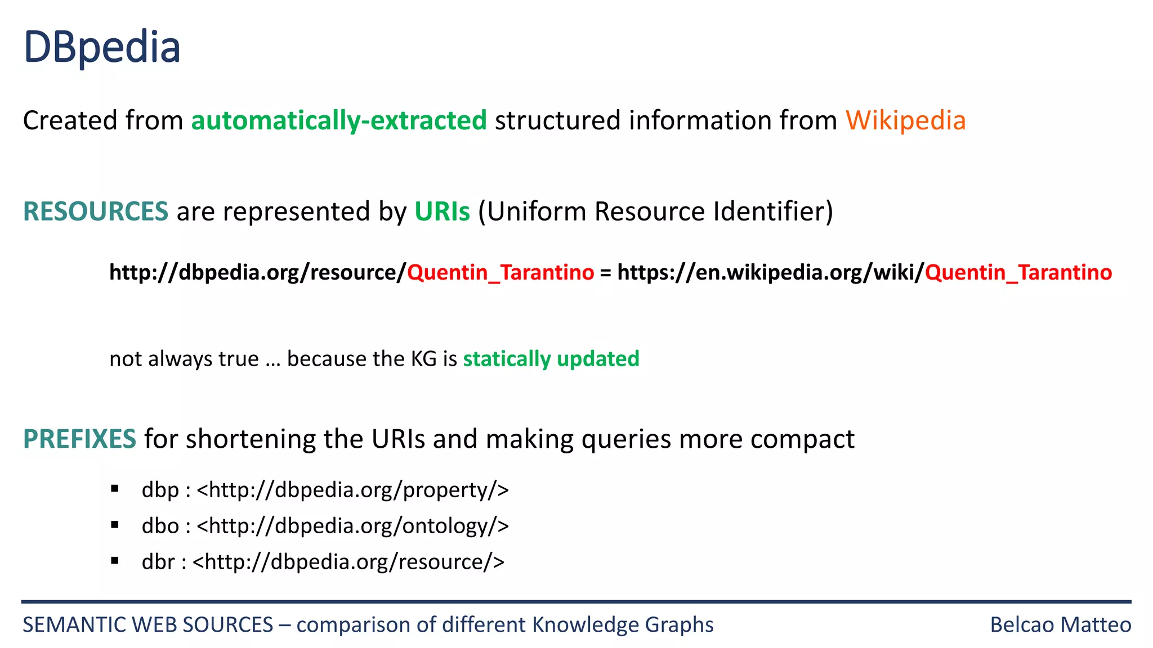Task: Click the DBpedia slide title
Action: [x=102, y=47]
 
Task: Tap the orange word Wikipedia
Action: [x=905, y=120]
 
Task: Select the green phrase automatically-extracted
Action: [x=339, y=120]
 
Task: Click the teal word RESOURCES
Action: [x=96, y=211]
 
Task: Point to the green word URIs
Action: [x=442, y=211]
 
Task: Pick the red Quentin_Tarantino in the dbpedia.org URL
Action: [x=500, y=272]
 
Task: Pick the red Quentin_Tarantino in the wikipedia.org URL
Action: [x=1018, y=272]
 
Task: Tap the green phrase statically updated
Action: [x=551, y=359]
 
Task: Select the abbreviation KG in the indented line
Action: [x=424, y=359]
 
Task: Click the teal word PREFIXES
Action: [x=79, y=439]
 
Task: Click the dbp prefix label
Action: [x=160, y=490]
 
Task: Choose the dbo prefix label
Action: [x=160, y=526]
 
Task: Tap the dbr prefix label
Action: [x=158, y=562]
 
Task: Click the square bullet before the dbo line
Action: [x=115, y=525]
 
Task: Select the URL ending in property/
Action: [x=353, y=490]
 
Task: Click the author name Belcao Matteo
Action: [x=1060, y=625]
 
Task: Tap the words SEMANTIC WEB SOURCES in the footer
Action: [x=148, y=625]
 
